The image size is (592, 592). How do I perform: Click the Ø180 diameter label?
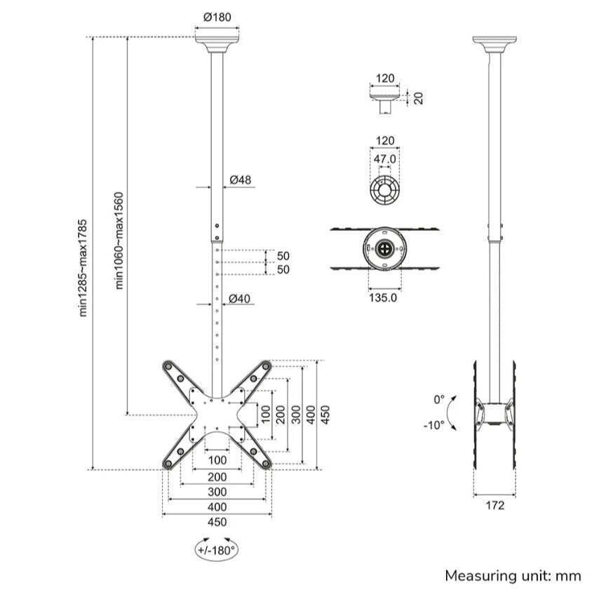(x=217, y=18)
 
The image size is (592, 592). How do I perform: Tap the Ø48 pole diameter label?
(x=241, y=180)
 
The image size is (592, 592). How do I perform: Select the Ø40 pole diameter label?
(x=239, y=299)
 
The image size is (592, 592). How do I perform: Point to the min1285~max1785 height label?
(x=83, y=268)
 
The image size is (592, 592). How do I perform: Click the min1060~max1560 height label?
(x=119, y=241)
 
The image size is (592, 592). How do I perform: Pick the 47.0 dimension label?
(x=384, y=159)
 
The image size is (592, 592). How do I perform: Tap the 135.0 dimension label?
(x=383, y=297)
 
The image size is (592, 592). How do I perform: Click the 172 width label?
(x=495, y=505)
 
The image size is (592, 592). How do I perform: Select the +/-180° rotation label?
(x=217, y=550)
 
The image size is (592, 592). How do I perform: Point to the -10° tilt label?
(x=433, y=425)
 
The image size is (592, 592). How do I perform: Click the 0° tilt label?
(x=439, y=399)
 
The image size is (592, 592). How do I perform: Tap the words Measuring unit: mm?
(x=513, y=576)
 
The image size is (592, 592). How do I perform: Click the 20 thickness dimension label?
(x=418, y=98)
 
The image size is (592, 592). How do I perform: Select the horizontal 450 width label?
(x=217, y=522)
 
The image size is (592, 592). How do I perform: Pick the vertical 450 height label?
(x=325, y=415)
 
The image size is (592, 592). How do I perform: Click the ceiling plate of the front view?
(x=217, y=45)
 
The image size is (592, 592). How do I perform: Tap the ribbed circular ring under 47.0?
(x=384, y=190)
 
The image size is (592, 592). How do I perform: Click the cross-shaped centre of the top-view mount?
(x=384, y=248)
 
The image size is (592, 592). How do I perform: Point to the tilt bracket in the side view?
(x=495, y=413)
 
